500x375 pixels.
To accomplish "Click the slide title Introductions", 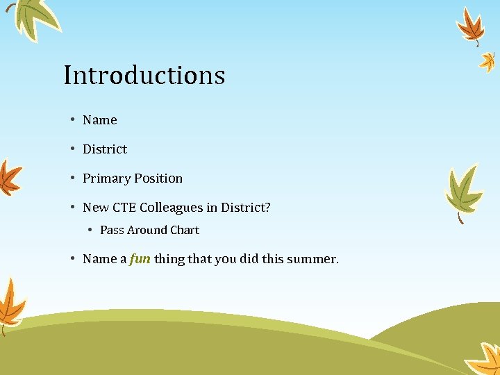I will tap(144, 75).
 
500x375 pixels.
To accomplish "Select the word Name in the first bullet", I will tap(100, 120).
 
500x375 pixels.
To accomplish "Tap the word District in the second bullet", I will tap(105, 149).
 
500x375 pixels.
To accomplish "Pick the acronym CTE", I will tap(124, 208).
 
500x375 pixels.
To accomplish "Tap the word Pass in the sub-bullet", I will tap(112, 230).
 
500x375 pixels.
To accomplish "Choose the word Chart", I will tap(185, 230).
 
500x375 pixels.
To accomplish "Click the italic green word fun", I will tap(140, 259).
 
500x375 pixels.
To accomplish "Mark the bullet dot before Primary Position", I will tap(72, 178).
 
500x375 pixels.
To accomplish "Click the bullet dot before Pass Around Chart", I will tap(90, 230).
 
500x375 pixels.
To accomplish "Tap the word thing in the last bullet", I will tap(169, 259).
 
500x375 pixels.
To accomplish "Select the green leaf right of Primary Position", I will tap(463, 189).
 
